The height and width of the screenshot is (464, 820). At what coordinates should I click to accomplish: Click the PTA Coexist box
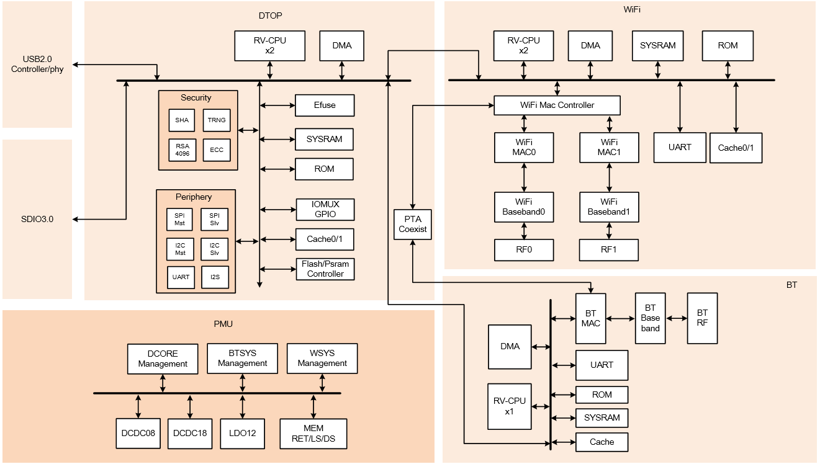coord(413,224)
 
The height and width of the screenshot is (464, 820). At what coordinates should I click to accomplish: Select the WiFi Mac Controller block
coord(557,105)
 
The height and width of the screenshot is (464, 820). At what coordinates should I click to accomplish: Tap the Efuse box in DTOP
coord(324,105)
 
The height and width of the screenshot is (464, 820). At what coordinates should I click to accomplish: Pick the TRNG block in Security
coord(217,120)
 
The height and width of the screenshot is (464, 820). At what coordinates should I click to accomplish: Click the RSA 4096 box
coord(182,150)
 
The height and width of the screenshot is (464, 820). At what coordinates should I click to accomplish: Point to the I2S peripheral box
coord(215,277)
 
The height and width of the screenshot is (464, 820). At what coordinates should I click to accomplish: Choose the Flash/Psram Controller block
coord(325,269)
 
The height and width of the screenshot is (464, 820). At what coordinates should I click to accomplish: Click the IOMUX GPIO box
coord(325,210)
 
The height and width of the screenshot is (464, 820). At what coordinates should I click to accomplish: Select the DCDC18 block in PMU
coord(190,433)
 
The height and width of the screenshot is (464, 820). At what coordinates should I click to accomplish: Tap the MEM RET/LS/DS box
coord(313,434)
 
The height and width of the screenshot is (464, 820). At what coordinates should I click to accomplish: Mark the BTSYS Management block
coord(242,359)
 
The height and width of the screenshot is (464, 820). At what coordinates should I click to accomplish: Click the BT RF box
coord(702,318)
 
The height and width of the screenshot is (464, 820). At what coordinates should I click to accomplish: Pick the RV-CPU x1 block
coord(510,406)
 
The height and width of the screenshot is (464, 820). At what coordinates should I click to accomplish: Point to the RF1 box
coord(609,250)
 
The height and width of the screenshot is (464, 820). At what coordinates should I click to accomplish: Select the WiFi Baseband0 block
coord(523,207)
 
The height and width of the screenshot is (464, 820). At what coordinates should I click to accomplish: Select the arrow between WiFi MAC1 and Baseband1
coord(610,177)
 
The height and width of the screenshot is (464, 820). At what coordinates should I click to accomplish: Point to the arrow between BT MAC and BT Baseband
coord(621,319)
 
